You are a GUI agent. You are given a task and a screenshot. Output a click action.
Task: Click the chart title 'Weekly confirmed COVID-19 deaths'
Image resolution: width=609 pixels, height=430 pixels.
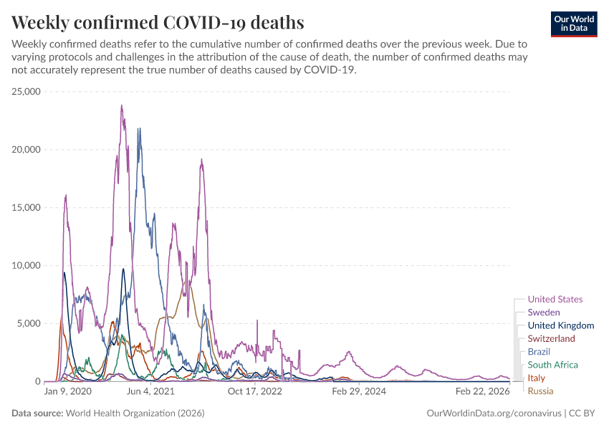coord(158,22)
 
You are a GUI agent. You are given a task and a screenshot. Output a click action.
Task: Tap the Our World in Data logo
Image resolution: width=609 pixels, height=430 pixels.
coord(573,23)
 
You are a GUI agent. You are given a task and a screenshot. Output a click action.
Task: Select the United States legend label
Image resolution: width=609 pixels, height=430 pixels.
coord(555,300)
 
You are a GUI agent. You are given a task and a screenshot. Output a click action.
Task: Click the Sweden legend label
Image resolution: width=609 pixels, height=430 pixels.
coord(543,312)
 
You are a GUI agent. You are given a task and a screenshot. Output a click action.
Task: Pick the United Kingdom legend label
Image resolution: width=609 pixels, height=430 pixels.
coord(560,325)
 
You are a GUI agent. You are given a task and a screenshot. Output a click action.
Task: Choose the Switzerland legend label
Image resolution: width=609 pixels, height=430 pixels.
coord(551,338)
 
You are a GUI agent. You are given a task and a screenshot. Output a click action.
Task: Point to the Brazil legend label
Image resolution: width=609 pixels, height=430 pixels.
coord(539,352)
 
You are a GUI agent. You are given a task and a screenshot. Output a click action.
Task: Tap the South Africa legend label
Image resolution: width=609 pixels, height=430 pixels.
coord(552,365)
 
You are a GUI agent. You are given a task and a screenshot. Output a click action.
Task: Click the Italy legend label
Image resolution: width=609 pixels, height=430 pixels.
coord(536,378)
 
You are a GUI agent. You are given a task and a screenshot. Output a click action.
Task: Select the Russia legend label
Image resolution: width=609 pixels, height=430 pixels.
coord(540,391)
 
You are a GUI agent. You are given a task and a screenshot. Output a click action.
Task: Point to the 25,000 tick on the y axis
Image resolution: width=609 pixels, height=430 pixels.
coord(27,92)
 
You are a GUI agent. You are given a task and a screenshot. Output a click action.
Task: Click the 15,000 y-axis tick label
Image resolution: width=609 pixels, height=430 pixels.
coord(27,208)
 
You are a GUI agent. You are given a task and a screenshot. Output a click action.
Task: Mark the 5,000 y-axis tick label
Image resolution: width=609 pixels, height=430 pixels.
coord(29,323)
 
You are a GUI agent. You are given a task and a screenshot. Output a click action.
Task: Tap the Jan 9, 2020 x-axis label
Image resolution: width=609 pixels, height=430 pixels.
coord(68,392)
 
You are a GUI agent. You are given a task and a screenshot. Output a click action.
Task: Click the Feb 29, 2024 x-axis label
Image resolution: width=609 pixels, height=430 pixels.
coord(357,392)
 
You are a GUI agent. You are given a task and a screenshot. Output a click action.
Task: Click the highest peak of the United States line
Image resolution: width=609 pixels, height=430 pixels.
coord(122,106)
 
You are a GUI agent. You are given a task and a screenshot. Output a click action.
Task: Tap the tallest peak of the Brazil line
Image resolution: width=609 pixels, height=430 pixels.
coord(139,129)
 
